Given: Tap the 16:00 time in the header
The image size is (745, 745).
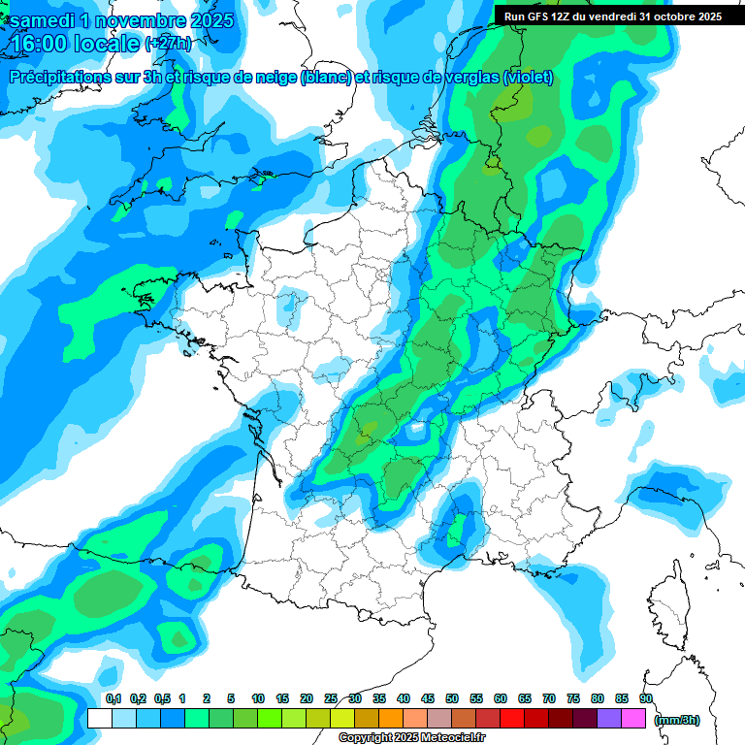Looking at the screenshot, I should point(38,45).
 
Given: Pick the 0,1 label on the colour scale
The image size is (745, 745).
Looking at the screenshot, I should point(113,698).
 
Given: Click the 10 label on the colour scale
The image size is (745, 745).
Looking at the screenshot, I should point(258,698).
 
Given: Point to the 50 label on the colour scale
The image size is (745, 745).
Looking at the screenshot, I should point(452,698).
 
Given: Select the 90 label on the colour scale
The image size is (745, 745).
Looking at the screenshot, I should point(645,698).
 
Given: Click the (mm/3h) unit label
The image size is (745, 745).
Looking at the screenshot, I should point(677,720).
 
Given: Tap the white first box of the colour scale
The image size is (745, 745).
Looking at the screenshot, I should point(99,718).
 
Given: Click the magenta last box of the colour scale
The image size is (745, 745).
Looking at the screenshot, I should point(633,718).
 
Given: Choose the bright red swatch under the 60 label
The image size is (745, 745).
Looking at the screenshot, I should point(512,718).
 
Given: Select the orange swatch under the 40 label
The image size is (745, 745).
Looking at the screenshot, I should point(391,718).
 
